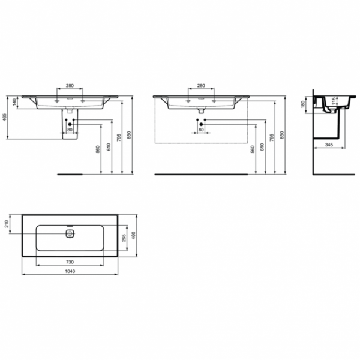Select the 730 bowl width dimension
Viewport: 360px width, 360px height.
click(x=70, y=262)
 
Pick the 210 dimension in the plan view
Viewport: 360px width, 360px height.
click(x=7, y=224)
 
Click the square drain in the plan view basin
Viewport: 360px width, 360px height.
click(x=70, y=233)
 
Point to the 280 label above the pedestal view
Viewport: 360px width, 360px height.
click(x=70, y=85)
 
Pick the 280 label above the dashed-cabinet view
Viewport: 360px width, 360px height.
click(x=200, y=85)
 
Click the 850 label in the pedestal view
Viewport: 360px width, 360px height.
click(x=130, y=136)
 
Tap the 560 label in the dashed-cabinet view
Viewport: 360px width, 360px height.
click(x=254, y=149)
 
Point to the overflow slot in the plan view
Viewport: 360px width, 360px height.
click(x=70, y=226)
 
